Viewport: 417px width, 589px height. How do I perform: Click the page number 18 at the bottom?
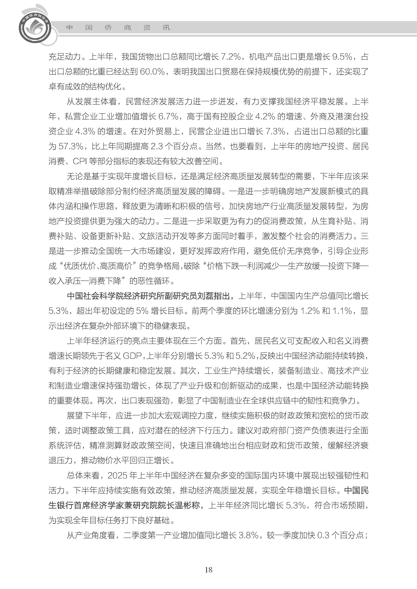coord(208,570)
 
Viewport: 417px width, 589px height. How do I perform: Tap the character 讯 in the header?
coord(166,28)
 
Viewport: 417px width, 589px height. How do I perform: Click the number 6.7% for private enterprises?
coord(168,117)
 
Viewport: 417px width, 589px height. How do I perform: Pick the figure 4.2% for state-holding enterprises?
coord(266,117)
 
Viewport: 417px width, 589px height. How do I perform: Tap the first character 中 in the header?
coord(69,28)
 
